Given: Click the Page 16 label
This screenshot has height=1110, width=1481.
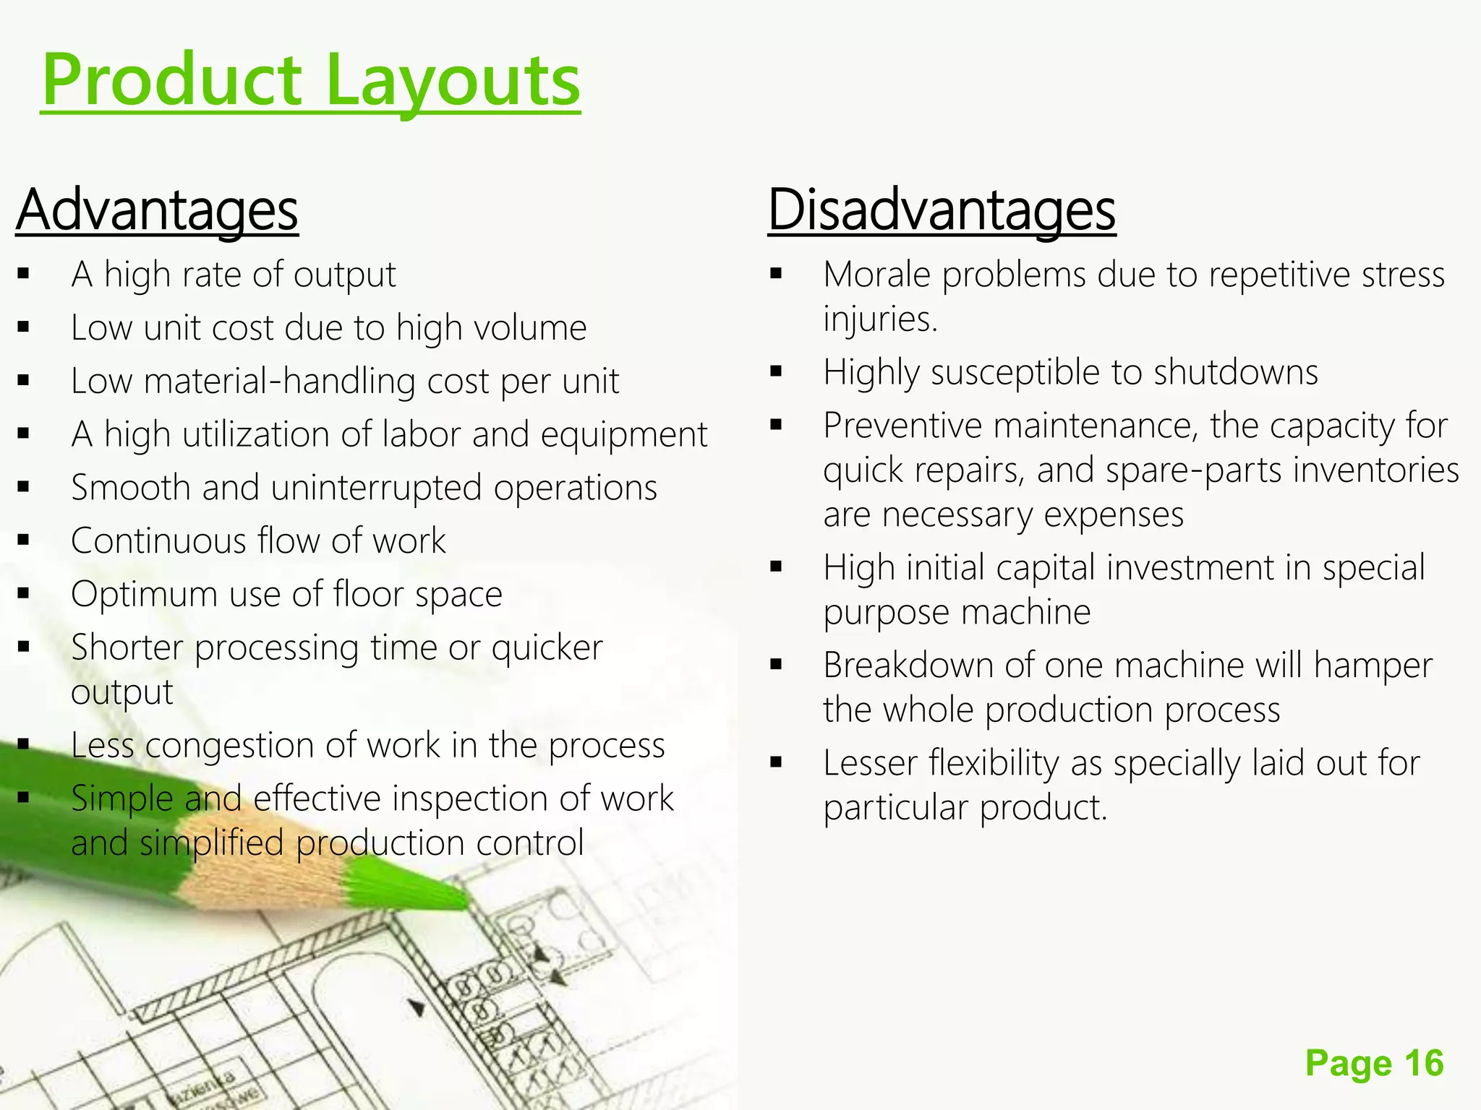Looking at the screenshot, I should coord(1374,1063).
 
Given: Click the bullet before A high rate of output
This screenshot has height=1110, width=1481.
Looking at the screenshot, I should coord(24,275).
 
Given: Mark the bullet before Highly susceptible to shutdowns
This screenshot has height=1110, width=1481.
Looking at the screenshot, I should coord(776,373).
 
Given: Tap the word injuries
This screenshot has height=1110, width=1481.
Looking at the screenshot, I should coord(879,319).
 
